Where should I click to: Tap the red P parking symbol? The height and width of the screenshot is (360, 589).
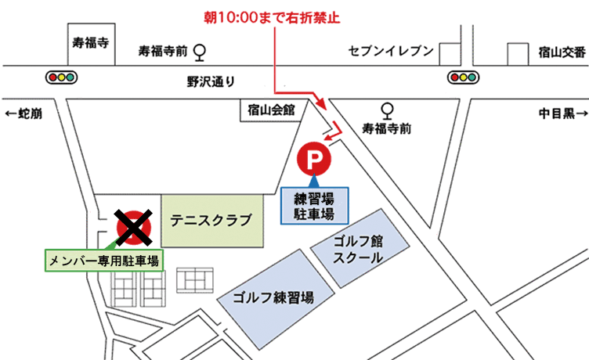pyautogui.click(x=314, y=161)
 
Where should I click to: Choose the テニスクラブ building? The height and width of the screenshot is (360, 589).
pyautogui.click(x=211, y=221)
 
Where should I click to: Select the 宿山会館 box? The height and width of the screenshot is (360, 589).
pyautogui.click(x=269, y=112)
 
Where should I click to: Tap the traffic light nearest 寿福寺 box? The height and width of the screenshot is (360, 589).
pyautogui.click(x=61, y=77)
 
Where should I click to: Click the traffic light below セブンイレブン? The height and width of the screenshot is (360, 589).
pyautogui.click(x=464, y=77)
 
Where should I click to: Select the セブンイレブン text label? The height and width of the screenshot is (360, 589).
pyautogui.click(x=389, y=52)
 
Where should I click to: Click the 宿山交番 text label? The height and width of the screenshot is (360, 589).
pyautogui.click(x=562, y=52)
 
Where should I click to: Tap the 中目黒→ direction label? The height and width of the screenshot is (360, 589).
pyautogui.click(x=562, y=114)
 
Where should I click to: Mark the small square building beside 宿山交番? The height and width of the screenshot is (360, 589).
pyautogui.click(x=517, y=53)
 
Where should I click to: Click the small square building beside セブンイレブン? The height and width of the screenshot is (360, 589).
pyautogui.click(x=450, y=53)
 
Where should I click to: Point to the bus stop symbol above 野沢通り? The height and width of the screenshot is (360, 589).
pyautogui.click(x=201, y=52)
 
